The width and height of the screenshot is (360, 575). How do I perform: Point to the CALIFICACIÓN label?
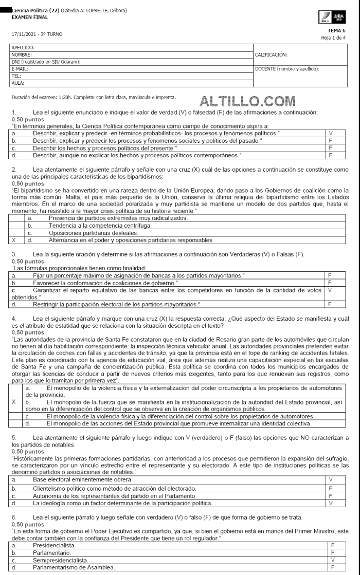[x=271, y=54]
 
